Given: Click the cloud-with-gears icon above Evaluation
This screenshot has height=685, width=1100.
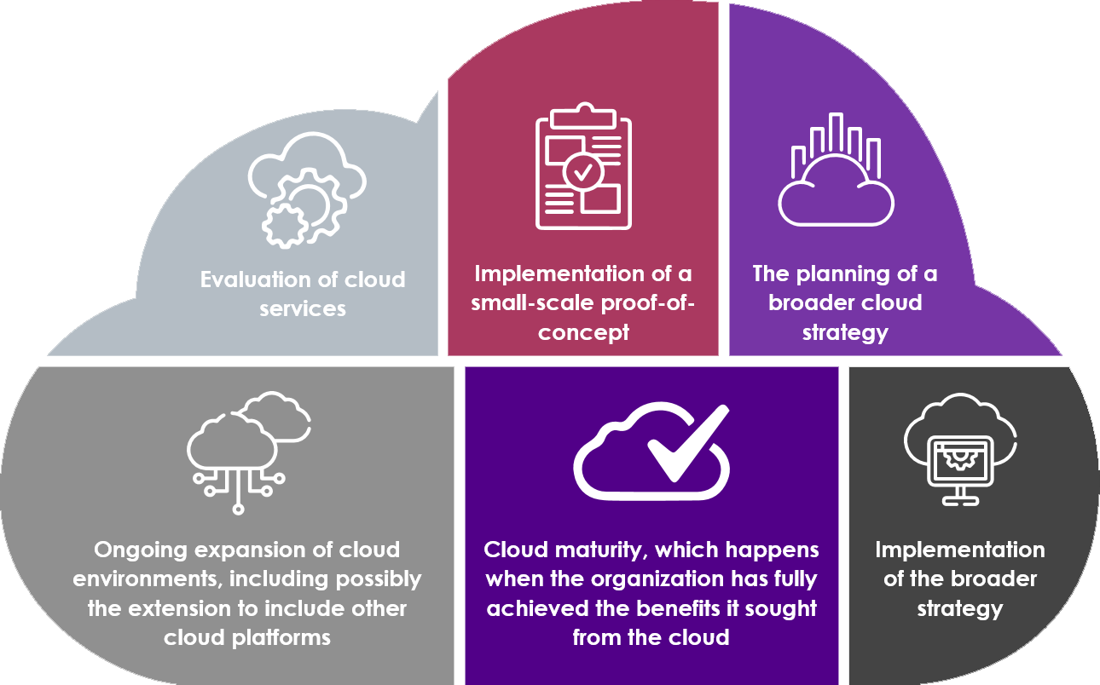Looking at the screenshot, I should [x=306, y=191].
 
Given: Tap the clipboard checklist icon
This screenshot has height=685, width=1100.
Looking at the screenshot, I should [x=583, y=167].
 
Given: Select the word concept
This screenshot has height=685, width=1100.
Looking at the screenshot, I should [x=583, y=332].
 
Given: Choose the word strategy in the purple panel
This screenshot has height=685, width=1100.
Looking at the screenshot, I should [x=844, y=332].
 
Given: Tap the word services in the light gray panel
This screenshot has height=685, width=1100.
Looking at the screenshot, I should [x=303, y=308].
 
